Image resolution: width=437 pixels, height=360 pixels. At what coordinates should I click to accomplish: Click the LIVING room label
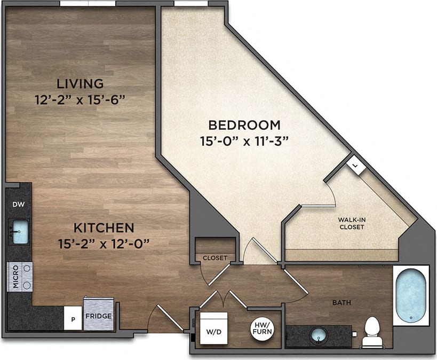click(80, 84)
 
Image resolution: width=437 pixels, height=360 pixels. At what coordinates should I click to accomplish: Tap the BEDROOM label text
click(244, 125)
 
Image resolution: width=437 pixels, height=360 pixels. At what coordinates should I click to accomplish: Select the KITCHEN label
click(104, 228)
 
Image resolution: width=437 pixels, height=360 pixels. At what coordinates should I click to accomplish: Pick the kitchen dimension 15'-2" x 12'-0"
click(104, 244)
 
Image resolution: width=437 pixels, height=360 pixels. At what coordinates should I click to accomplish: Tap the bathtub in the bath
click(411, 294)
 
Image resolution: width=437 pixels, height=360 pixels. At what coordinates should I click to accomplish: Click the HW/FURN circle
click(262, 330)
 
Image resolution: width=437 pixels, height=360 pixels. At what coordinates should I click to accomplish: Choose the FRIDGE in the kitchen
click(99, 316)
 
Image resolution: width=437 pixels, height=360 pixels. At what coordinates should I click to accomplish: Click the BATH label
click(341, 303)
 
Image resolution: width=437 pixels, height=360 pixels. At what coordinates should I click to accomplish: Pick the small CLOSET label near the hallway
click(215, 258)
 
